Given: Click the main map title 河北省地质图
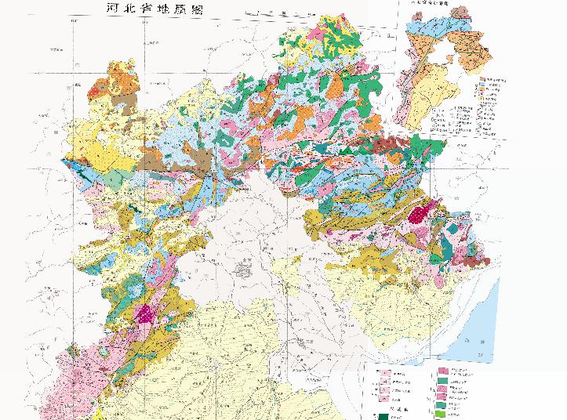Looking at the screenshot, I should [148, 9].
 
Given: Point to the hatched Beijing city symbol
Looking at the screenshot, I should [244, 271].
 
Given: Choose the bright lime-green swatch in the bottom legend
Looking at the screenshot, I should [444, 413].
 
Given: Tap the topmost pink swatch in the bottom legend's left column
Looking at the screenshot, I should [386, 374].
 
